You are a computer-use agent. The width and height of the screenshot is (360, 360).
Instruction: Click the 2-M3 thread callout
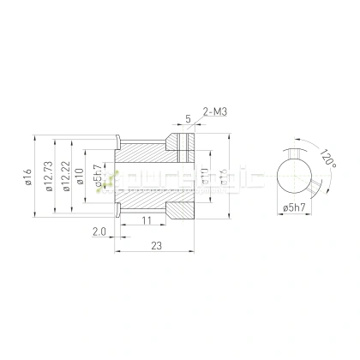click(215, 111)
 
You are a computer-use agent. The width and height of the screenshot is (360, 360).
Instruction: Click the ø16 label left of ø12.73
click(28, 177)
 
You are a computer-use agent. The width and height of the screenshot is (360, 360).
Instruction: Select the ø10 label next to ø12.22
click(80, 177)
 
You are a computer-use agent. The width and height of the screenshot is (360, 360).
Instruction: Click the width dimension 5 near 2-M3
click(187, 120)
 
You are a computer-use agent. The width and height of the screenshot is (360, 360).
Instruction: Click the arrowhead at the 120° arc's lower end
click(314, 195)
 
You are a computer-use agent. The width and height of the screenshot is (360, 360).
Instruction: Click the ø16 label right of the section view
click(225, 179)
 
